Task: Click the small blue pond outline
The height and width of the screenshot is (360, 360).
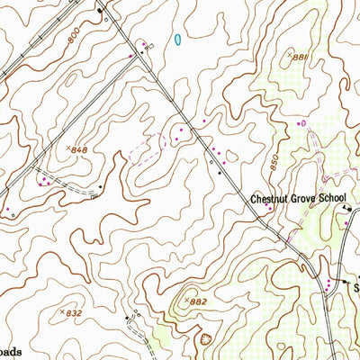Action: click(x=178, y=39)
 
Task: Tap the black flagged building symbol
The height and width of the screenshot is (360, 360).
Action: click(x=345, y=209)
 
